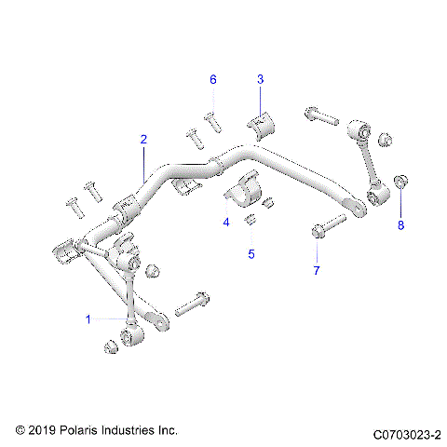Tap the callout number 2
[x=143, y=140]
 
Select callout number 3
[x=260, y=80]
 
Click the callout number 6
[x=212, y=80]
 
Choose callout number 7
[x=316, y=270]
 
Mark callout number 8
[x=401, y=223]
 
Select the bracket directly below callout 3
[x=261, y=124]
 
